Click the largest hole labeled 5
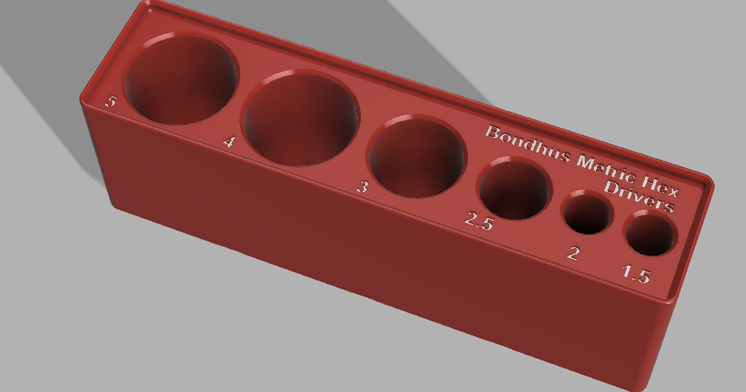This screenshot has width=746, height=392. (182, 78)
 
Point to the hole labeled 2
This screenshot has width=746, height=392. (588, 214)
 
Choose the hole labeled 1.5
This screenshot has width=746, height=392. (650, 233)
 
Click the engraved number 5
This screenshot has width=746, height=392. (112, 101)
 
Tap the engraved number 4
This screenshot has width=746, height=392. (228, 141)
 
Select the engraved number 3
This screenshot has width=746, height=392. (363, 186)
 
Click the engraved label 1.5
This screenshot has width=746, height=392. (636, 273)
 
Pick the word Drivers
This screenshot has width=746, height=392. (640, 196)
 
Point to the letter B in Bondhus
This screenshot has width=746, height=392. (493, 132)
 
